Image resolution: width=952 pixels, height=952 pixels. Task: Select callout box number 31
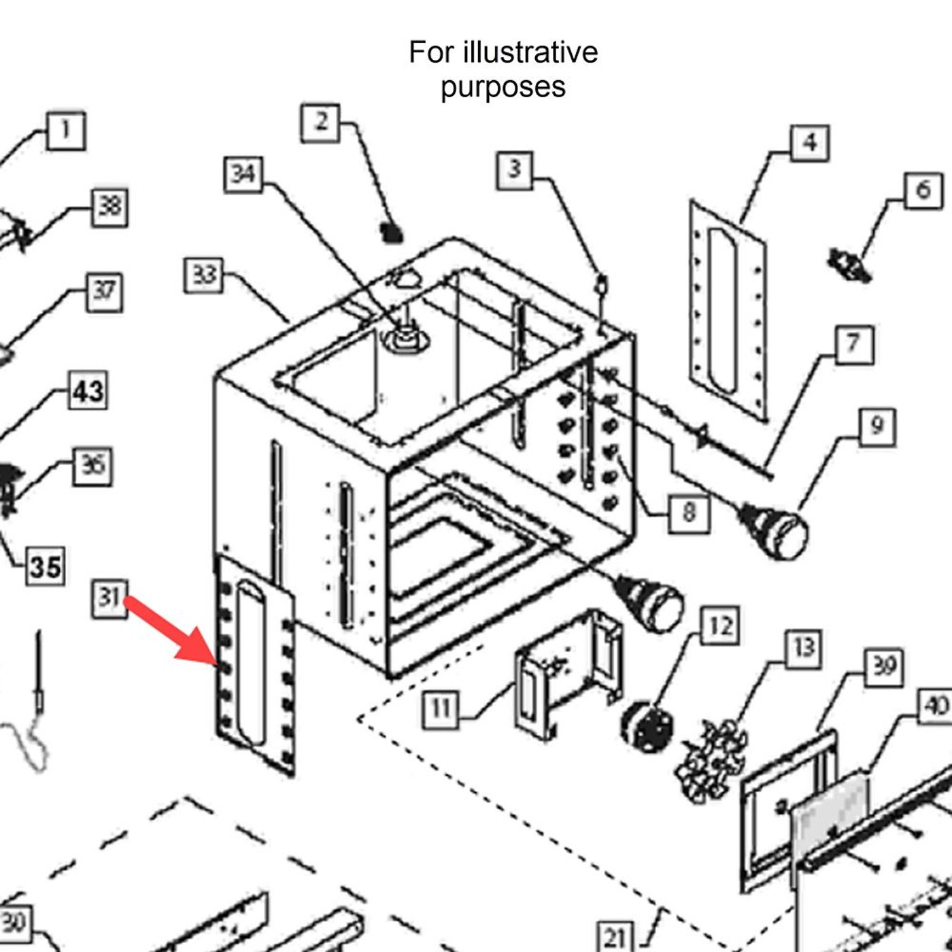[x=109, y=598]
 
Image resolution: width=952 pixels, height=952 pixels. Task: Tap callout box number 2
[x=320, y=123]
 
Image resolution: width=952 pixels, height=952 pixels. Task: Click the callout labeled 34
[x=243, y=174]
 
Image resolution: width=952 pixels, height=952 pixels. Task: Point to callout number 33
[x=204, y=275]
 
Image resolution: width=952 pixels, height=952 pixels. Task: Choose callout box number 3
[x=515, y=169]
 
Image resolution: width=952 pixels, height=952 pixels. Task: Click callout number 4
[x=809, y=143]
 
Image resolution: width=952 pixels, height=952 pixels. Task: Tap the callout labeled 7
[x=853, y=344]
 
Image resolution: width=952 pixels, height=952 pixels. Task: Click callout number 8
[x=689, y=511]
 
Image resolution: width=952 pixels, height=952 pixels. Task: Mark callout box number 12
[x=720, y=626]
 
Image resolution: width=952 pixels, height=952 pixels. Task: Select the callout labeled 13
[x=803, y=648]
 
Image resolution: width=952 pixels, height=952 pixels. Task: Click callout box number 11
[x=441, y=709]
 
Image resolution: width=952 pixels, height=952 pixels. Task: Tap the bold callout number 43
[x=88, y=391]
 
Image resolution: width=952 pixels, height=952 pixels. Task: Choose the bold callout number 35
[x=46, y=566]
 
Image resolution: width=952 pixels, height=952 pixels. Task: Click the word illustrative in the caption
[x=530, y=52]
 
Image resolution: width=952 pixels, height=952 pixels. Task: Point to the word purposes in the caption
[x=503, y=87]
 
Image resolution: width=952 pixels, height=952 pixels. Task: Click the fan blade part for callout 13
[x=711, y=758]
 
